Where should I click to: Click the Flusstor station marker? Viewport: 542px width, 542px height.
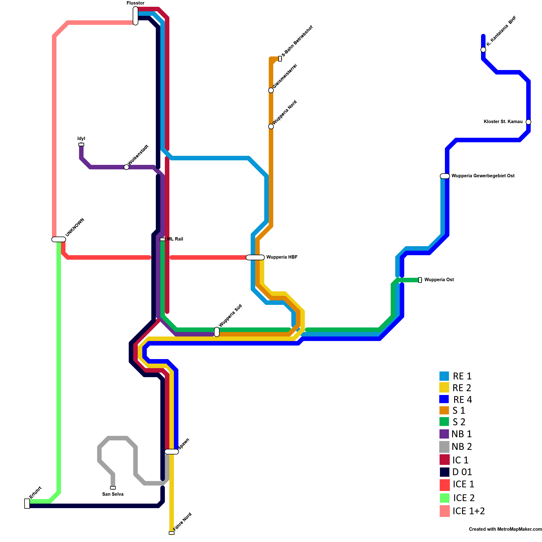(135, 16)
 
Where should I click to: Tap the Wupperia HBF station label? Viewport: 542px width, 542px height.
(282, 257)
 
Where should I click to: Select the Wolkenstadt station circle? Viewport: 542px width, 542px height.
(126, 167)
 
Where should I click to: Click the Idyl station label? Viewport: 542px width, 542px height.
(81, 139)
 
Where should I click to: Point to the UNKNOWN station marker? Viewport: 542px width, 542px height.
(59, 239)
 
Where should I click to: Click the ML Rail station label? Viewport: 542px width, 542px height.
(175, 239)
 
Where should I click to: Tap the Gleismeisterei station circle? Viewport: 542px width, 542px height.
(271, 90)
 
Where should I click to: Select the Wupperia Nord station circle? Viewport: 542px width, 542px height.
(271, 126)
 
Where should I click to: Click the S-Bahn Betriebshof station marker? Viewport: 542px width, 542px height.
(280, 59)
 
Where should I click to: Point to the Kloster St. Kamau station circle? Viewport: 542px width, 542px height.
(528, 122)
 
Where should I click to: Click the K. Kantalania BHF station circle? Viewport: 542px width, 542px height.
(483, 50)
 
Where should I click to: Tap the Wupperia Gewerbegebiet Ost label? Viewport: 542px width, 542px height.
(483, 176)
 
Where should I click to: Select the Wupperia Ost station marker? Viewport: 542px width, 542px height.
(420, 280)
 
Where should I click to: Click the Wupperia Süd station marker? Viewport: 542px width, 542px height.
(217, 332)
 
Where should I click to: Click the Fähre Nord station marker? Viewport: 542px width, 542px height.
(172, 533)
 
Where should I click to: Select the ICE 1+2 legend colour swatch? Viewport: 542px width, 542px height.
(445, 511)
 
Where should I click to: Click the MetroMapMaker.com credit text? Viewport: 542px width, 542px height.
(505, 529)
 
